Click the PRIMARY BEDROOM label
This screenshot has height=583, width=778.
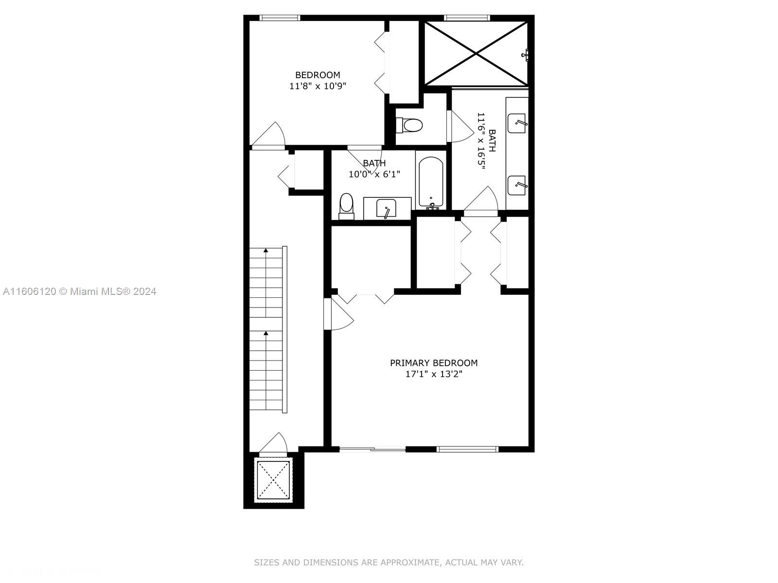coord(433,363)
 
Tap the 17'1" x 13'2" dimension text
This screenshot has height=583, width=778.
coord(434,374)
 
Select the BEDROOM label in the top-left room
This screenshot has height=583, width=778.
coord(318,75)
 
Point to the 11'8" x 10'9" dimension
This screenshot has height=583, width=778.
coord(318,86)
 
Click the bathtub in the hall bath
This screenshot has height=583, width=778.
coord(431,182)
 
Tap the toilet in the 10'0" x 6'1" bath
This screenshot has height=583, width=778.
coord(346,206)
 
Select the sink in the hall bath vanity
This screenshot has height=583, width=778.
coord(386,208)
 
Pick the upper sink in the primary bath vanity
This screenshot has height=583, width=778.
coord(516,123)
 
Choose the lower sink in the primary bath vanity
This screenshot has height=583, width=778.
coord(516,186)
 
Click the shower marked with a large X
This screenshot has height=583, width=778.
coord(476,53)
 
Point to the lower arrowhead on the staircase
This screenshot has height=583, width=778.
coord(266,333)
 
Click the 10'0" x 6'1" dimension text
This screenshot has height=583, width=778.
coord(374,174)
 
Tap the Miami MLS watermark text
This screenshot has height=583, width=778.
coord(80,291)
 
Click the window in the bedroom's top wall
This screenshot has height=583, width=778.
coord(280,17)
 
